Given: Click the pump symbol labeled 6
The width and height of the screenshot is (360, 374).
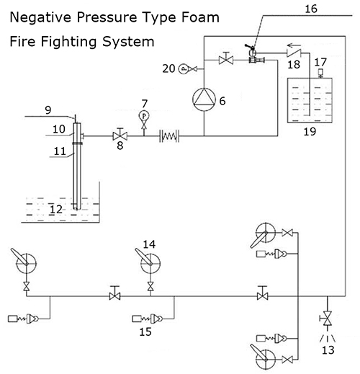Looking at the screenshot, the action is pyautogui.click(x=204, y=99).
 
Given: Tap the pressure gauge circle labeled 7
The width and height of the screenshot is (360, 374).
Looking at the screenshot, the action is pyautogui.click(x=144, y=116).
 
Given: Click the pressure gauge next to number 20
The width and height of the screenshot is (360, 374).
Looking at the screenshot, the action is pyautogui.click(x=184, y=69).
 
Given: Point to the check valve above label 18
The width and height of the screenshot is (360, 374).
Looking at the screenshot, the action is pyautogui.click(x=294, y=53).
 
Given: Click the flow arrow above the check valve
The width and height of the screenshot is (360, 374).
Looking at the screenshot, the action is pyautogui.click(x=294, y=45).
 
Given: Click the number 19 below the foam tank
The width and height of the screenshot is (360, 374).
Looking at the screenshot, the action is pyautogui.click(x=310, y=132).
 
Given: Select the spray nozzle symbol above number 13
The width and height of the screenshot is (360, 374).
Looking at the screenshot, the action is pyautogui.click(x=328, y=338).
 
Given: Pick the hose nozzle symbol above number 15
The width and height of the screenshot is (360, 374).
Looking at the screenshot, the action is pyautogui.click(x=148, y=319).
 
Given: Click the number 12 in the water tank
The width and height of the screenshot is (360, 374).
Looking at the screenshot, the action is pyautogui.click(x=56, y=210).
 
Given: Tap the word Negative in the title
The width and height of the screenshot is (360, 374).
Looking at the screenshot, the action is pyautogui.click(x=40, y=18).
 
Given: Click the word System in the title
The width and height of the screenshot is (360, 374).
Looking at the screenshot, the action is pyautogui.click(x=128, y=42).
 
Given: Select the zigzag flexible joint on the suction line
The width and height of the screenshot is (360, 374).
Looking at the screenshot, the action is pyautogui.click(x=169, y=136).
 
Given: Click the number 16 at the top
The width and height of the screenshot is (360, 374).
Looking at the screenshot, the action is pyautogui.click(x=311, y=9).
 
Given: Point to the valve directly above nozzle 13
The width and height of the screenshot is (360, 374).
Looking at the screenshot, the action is pyautogui.click(x=327, y=319).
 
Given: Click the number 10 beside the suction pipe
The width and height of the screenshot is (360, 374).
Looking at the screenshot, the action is pyautogui.click(x=59, y=129).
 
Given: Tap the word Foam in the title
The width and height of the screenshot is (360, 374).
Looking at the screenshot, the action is pyautogui.click(x=200, y=18).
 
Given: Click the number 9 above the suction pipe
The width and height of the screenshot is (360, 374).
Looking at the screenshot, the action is pyautogui.click(x=48, y=110).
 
